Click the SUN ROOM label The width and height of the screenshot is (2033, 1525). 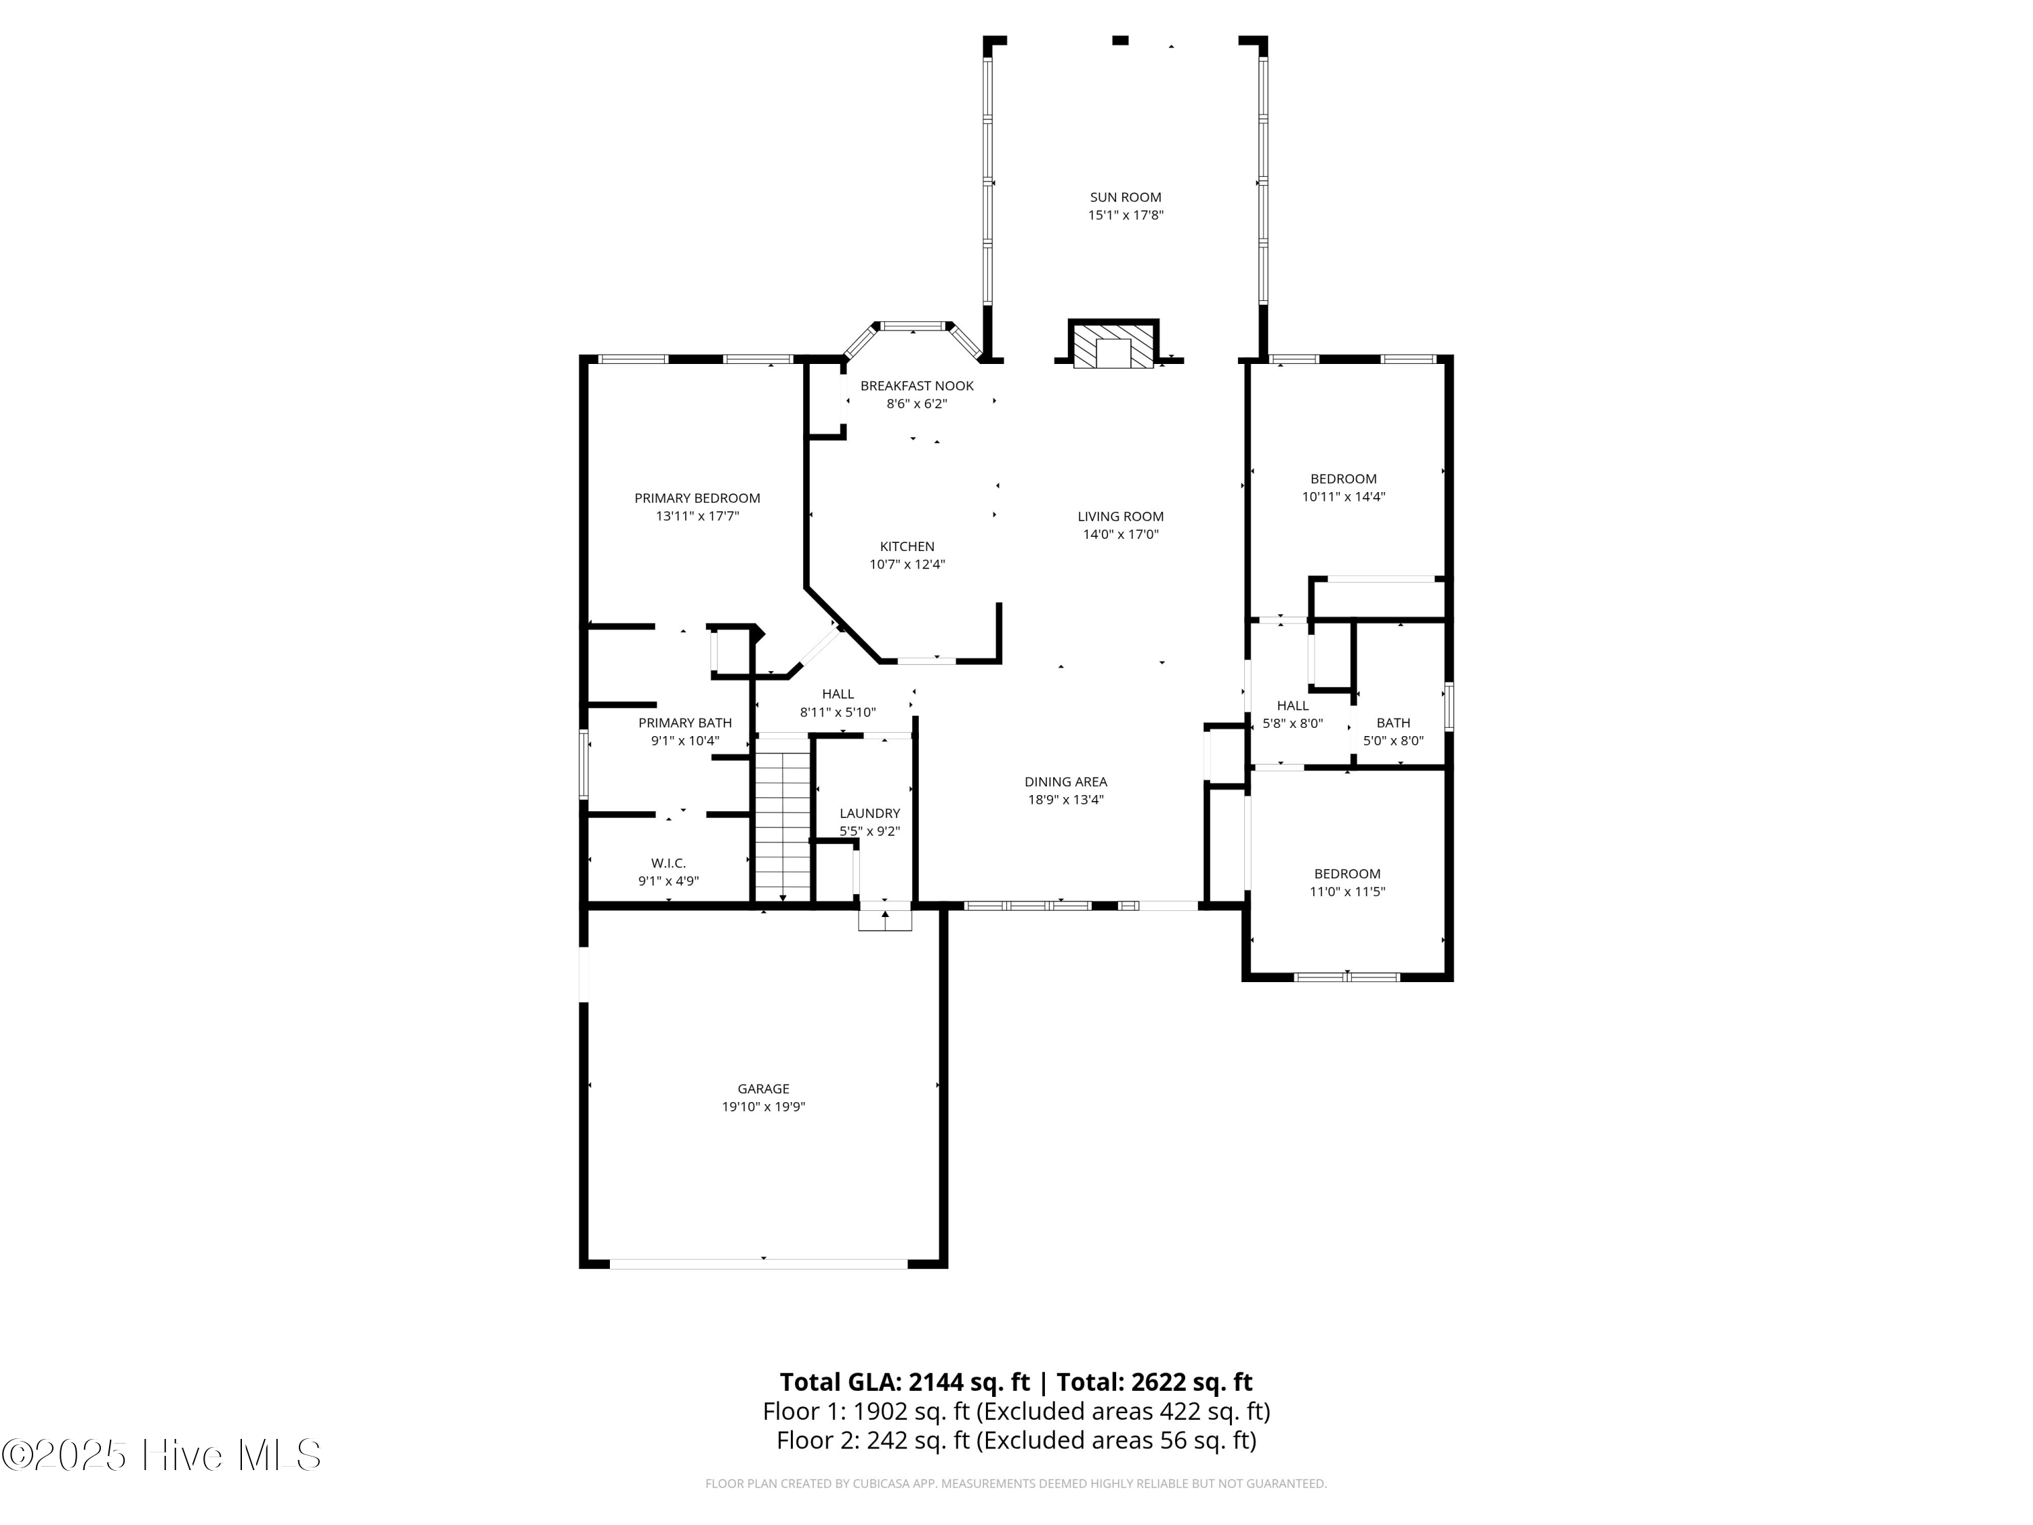coord(1126,197)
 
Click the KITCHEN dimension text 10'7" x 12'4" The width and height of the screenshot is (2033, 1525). coord(907,565)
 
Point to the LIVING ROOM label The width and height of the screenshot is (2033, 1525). coord(1120,516)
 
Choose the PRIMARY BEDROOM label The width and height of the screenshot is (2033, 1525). coord(697,498)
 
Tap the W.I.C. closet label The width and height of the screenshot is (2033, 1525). coord(668,863)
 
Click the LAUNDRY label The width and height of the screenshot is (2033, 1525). coord(869,813)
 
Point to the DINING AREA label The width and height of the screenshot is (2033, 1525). coord(1066,782)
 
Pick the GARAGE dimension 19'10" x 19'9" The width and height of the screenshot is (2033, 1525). coord(764,1107)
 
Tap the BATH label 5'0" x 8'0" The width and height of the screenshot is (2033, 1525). coord(1393,723)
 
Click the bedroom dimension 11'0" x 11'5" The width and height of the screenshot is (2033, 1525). coord(1347,892)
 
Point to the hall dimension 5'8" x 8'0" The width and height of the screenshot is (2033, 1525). coord(1293,723)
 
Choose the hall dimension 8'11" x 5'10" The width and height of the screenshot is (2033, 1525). coord(838,712)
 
